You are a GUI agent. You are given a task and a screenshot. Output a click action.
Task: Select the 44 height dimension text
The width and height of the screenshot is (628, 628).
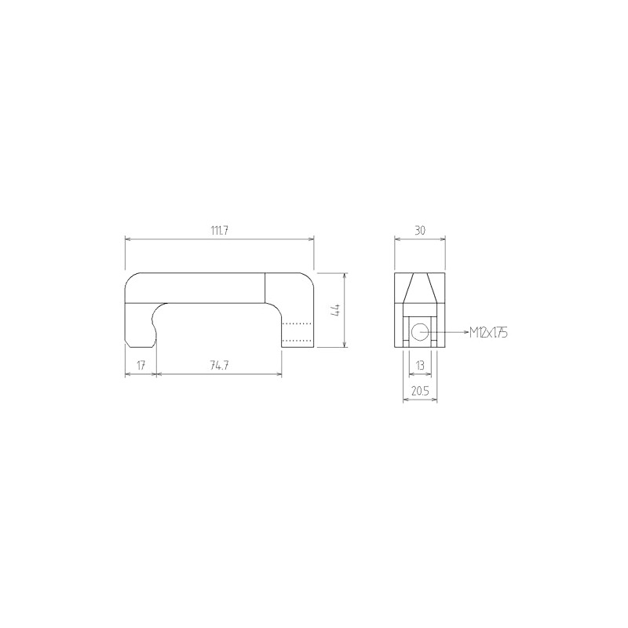(334, 310)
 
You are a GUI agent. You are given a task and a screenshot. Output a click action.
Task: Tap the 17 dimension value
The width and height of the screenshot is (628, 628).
(141, 365)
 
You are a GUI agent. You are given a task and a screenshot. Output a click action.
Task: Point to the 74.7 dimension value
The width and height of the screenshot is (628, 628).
(219, 365)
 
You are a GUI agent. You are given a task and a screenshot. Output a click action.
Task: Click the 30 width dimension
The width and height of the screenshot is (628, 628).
(419, 230)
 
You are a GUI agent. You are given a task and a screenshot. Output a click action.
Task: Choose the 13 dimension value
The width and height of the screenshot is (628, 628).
(419, 365)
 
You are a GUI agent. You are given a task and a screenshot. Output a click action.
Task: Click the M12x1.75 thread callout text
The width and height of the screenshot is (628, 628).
(488, 333)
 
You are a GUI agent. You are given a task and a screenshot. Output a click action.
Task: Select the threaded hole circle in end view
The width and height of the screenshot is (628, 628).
(420, 332)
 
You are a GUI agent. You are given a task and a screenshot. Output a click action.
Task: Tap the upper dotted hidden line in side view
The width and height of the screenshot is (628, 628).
(297, 323)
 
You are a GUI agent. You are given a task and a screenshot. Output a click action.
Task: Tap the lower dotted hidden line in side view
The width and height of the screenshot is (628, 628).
(297, 340)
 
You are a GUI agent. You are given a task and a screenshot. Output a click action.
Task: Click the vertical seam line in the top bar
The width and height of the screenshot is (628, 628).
(265, 287)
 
